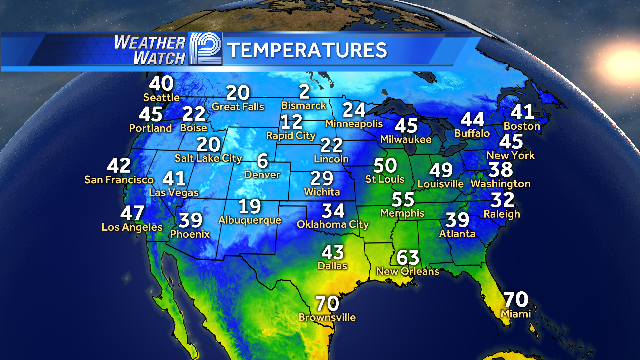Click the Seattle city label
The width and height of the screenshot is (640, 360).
161,97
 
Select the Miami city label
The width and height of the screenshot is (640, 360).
515,313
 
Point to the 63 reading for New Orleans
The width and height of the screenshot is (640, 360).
408,257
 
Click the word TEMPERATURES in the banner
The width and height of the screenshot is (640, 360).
307,49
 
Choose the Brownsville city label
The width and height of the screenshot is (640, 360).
327,318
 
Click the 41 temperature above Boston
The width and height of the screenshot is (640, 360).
523,112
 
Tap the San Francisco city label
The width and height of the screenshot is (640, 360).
118,179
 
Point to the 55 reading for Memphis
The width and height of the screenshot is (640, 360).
403,199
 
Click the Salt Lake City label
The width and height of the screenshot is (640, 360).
208,158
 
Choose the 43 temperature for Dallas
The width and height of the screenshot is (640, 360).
332,251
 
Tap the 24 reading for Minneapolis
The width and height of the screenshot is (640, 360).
354,110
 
